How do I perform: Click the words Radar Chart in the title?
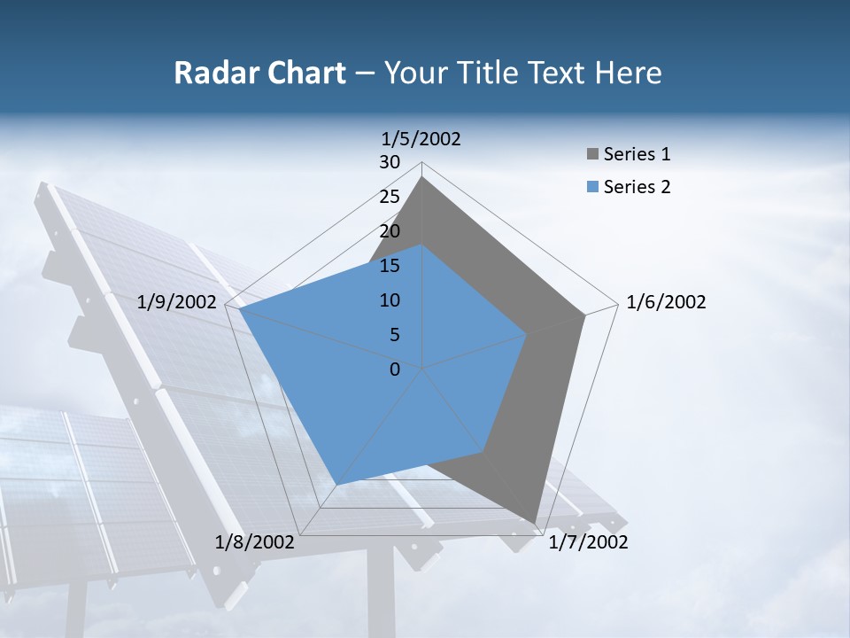click(x=259, y=73)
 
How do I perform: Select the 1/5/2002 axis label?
click(x=421, y=138)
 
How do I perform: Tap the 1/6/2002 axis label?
click(x=666, y=302)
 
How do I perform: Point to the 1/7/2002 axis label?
click(x=588, y=542)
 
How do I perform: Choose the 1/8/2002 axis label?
click(x=255, y=542)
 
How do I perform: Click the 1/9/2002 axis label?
click(x=177, y=302)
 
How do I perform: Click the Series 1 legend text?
click(x=637, y=154)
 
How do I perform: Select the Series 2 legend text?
click(x=637, y=187)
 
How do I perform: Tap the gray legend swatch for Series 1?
click(x=591, y=155)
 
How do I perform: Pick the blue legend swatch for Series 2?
click(x=591, y=187)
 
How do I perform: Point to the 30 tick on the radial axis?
click(x=390, y=162)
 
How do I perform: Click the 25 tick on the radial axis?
click(x=390, y=197)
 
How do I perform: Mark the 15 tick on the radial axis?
click(x=390, y=266)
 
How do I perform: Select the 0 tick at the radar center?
click(x=395, y=369)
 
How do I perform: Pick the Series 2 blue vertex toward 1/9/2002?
click(x=239, y=308)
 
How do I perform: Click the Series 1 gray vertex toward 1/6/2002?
click(x=585, y=315)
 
